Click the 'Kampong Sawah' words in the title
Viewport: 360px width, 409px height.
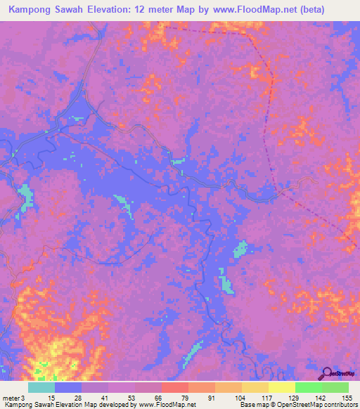[47, 10]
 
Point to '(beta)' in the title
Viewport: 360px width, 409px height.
[309, 10]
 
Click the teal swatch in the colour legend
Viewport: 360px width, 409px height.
[41, 387]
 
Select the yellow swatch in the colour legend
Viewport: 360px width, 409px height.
[281, 387]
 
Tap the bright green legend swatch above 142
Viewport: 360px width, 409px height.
[308, 387]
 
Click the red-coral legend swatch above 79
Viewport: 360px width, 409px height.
[174, 387]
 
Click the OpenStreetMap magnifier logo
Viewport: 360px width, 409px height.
[326, 373]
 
